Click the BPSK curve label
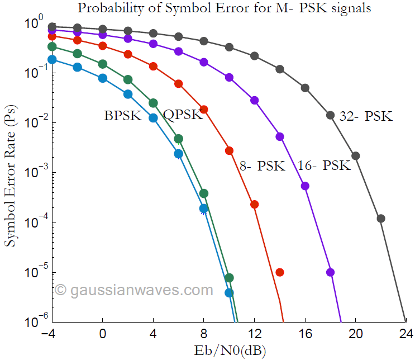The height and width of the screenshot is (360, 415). click(123, 116)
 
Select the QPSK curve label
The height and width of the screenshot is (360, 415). click(183, 115)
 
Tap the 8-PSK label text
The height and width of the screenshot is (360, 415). click(263, 165)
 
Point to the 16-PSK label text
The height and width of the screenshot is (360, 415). click(324, 165)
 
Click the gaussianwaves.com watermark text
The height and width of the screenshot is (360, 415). click(134, 290)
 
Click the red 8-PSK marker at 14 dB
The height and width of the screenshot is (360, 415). click(280, 272)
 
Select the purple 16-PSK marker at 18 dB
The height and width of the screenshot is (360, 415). click(331, 272)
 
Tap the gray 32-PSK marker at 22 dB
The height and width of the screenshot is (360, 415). click(381, 219)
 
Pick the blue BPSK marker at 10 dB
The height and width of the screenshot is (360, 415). click(229, 292)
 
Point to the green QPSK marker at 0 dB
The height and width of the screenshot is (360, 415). click(103, 64)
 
